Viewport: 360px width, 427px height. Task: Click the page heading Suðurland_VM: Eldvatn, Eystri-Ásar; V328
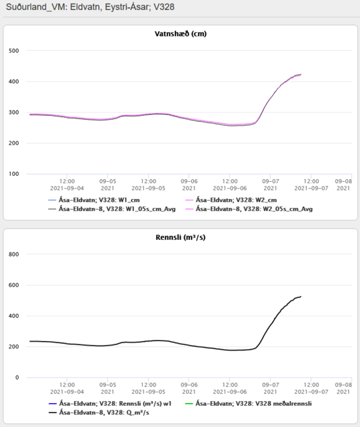coord(90,7)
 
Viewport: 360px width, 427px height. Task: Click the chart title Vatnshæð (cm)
coord(181,34)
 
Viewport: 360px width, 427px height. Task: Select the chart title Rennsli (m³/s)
coord(181,237)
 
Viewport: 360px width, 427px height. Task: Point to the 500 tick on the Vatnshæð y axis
coord(13,51)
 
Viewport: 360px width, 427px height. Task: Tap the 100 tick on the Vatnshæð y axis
coord(13,174)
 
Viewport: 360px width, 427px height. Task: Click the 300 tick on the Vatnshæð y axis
coord(13,112)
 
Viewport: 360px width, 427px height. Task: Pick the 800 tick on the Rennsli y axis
coord(13,254)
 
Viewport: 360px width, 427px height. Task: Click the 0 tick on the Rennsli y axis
coord(17,378)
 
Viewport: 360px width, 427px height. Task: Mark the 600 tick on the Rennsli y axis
coord(13,285)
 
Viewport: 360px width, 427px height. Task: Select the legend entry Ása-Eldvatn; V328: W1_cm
coord(94,200)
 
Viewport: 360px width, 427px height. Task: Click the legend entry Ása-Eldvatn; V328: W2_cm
coord(231,200)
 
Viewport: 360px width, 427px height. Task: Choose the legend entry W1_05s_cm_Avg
coord(112,209)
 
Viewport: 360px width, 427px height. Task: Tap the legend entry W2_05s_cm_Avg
coord(249,209)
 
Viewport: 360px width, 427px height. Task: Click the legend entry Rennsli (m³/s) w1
coord(110,404)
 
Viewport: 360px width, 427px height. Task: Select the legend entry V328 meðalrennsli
coord(248,404)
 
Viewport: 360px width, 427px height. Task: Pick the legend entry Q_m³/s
coord(99,412)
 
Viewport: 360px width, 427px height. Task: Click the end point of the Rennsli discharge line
coord(301,296)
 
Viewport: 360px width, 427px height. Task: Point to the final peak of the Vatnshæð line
coord(301,75)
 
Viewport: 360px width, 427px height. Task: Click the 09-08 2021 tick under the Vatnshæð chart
coord(343,185)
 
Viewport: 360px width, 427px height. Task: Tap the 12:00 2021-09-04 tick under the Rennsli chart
coord(67,388)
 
